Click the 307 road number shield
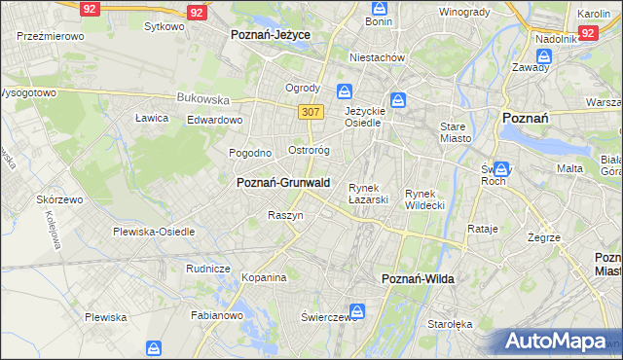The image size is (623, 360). tap(311, 112)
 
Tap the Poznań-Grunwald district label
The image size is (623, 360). tap(283, 182)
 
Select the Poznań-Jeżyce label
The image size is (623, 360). tap(270, 34)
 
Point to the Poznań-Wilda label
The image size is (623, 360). tap(417, 279)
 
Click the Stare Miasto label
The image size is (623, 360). tap(456, 132)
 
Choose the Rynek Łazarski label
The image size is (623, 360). tap(369, 194)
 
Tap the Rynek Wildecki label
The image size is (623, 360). tap(424, 199)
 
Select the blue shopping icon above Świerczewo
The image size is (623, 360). tap(357, 311)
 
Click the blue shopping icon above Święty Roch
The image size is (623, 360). tap(501, 168)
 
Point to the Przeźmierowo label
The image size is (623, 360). tap(51, 35)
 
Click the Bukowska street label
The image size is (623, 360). tap(202, 98)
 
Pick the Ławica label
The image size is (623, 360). tap(152, 118)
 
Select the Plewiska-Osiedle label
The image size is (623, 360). tap(154, 232)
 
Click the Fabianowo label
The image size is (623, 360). tap(217, 315)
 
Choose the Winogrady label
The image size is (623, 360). tap(463, 12)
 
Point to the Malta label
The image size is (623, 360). tap(569, 168)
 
